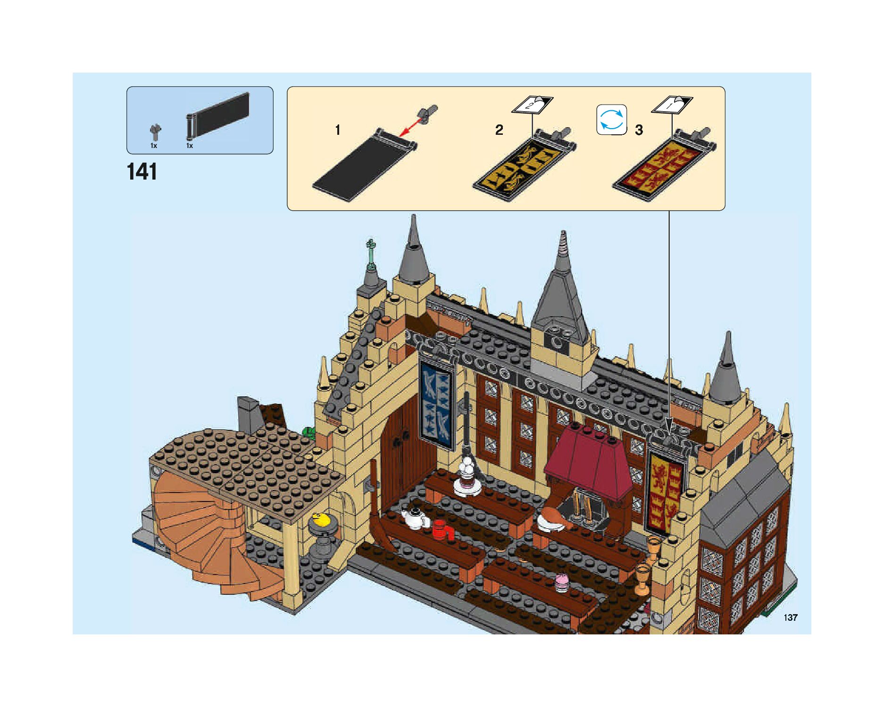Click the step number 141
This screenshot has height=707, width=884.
click(142, 172)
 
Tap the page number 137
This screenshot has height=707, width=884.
click(791, 617)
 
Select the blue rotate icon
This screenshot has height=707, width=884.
click(611, 120)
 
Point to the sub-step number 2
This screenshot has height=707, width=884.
click(499, 130)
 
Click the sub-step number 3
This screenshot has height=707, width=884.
click(639, 130)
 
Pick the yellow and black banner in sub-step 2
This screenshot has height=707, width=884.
click(524, 167)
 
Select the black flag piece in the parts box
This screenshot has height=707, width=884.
click(218, 116)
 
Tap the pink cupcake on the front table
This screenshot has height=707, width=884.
click(561, 582)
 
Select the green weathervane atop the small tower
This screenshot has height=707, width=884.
click(371, 255)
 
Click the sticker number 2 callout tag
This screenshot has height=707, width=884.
click(532, 104)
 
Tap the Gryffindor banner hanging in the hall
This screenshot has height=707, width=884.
click(665, 490)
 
